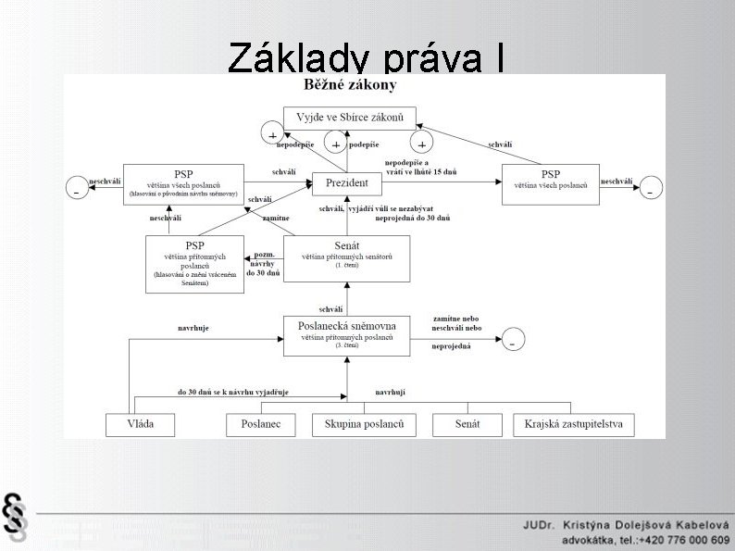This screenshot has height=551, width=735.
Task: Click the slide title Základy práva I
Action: [x=367, y=57]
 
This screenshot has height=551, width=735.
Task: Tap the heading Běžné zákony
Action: [x=350, y=85]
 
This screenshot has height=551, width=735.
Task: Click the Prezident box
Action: [x=347, y=183]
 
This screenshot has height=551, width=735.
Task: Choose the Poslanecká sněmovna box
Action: [x=346, y=335]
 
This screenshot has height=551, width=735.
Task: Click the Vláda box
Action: [x=141, y=425]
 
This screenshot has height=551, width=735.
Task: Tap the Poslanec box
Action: [x=260, y=425]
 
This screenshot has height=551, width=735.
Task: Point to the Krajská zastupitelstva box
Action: [x=574, y=425]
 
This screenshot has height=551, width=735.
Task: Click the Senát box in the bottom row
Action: [x=467, y=425]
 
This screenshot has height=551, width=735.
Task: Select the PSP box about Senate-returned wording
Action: [x=194, y=264]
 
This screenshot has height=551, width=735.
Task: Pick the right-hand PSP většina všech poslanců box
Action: [x=550, y=184]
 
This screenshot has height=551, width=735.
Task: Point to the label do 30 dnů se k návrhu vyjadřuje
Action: [x=233, y=393]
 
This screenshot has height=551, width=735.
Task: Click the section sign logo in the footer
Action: [x=15, y=515]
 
